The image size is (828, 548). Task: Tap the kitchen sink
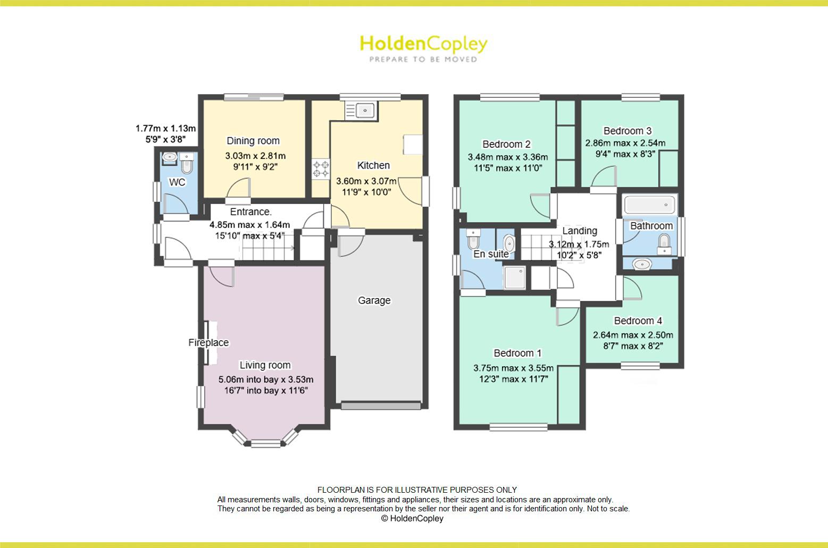pyautogui.click(x=361, y=110)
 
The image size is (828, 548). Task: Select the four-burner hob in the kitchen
pyautogui.click(x=321, y=169)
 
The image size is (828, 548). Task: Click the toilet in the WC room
pyautogui.click(x=186, y=163)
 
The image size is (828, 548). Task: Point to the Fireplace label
pyautogui.click(x=208, y=342)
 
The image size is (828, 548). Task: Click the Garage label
pyautogui.click(x=374, y=300)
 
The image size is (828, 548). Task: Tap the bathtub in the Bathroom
pyautogui.click(x=649, y=204)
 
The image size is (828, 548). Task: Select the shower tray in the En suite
pyautogui.click(x=515, y=277)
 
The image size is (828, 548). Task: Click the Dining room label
pyautogui.click(x=253, y=141)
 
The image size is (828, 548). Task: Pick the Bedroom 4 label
pyautogui.click(x=638, y=321)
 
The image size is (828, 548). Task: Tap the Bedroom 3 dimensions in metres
pyautogui.click(x=625, y=143)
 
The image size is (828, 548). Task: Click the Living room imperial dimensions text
pyautogui.click(x=266, y=391)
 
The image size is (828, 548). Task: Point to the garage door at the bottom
pyautogui.click(x=381, y=406)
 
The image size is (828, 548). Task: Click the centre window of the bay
pyautogui.click(x=266, y=443)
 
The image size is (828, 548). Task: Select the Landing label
pyautogui.click(x=580, y=231)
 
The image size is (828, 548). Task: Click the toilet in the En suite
pyautogui.click(x=473, y=239)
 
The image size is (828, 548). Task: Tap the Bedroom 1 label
pyautogui.click(x=517, y=353)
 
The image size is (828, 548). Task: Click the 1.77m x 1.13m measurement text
pyautogui.click(x=165, y=129)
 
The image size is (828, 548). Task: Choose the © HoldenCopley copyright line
pyautogui.click(x=412, y=518)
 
